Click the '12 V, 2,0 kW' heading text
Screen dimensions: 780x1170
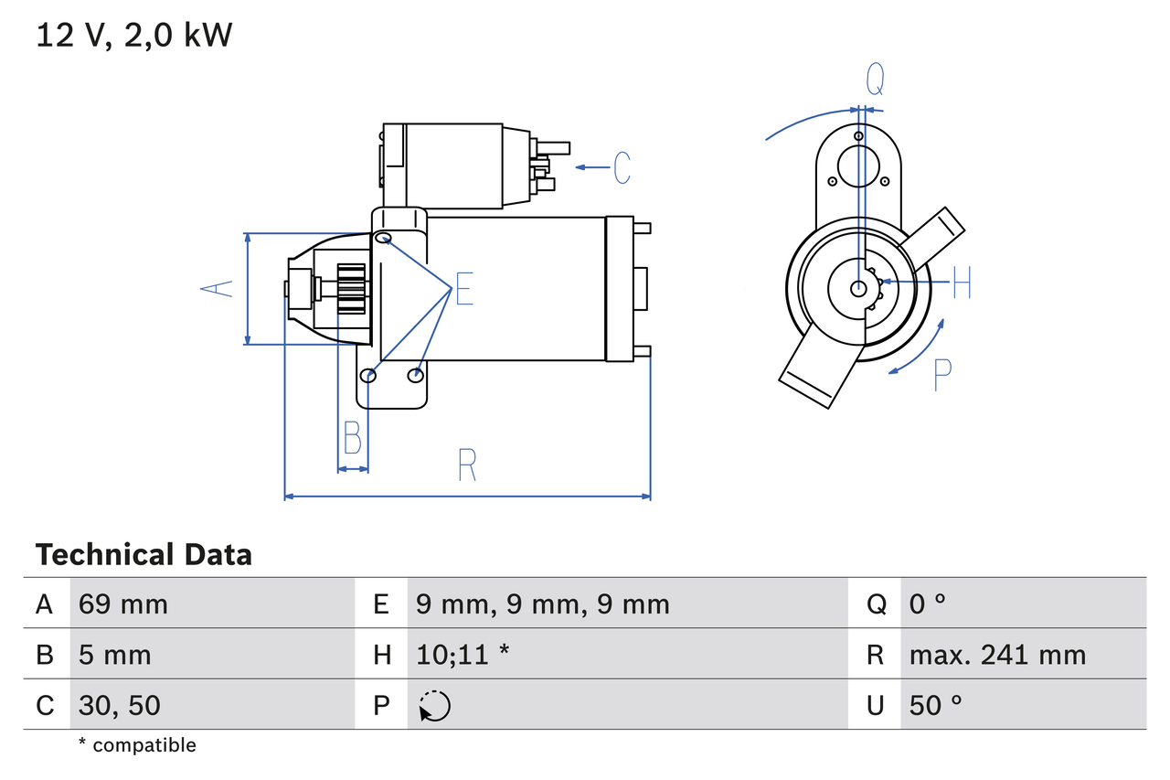134,36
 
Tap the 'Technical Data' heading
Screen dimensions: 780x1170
144,555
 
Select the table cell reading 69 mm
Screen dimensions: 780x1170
123,604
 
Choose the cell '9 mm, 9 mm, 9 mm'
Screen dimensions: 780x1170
542,604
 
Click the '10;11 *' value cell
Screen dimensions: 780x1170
462,655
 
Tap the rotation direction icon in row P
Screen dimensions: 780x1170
434,706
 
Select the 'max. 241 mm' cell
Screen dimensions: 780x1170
997,655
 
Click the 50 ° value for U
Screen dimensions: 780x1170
936,705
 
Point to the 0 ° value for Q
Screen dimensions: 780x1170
927,604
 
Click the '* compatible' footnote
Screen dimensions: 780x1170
137,745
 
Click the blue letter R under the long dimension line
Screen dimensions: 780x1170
467,465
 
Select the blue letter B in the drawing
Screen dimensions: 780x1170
353,439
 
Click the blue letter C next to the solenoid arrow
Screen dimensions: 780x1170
622,167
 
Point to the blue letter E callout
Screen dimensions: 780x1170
464,290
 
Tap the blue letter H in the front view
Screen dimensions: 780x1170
962,283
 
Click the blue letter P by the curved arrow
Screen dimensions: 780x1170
942,375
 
